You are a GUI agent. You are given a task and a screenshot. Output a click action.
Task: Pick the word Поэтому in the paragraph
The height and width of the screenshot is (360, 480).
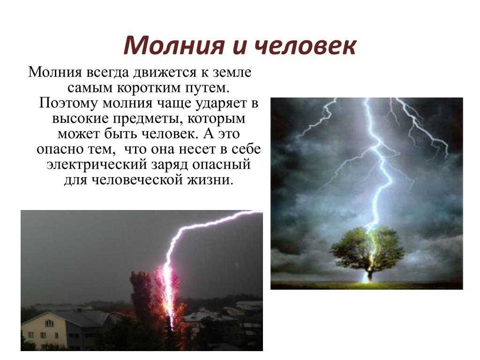pos(68,103)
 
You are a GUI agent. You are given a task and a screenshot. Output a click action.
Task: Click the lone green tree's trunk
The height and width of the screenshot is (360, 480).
pos(370,274)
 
